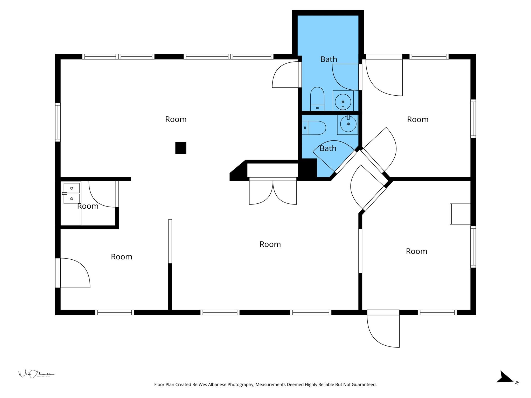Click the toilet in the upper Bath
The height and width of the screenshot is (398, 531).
(317, 99)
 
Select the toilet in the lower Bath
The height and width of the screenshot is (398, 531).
(314, 128)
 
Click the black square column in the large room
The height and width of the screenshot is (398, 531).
(181, 148)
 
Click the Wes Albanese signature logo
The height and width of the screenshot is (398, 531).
(36, 374)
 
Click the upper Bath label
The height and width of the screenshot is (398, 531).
(329, 59)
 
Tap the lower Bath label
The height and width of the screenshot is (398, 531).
(328, 148)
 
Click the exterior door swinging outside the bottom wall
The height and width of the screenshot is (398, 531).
(383, 331)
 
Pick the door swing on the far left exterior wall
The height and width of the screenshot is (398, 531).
(75, 273)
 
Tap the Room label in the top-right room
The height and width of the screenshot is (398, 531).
(418, 119)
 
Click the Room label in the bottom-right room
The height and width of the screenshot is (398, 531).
(417, 251)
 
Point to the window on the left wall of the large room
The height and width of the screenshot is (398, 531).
(58, 122)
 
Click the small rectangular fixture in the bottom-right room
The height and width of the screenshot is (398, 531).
(460, 214)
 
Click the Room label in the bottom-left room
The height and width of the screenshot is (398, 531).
(122, 257)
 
